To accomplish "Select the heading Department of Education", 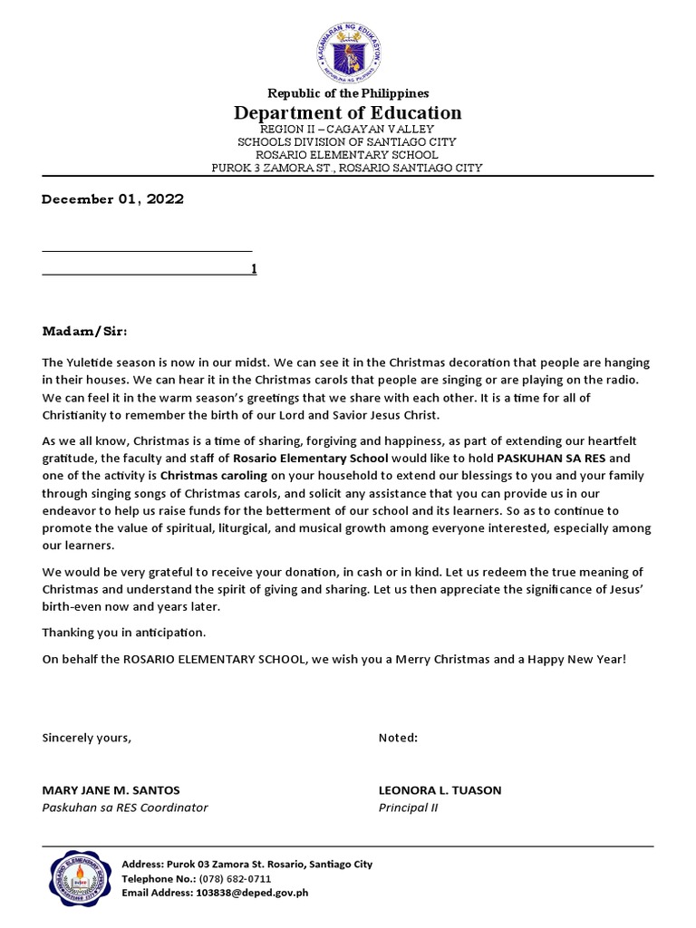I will coord(347,113).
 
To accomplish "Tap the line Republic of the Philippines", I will coord(347,93).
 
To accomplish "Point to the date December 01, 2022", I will coord(112,199).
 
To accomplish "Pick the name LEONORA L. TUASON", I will coord(440,790).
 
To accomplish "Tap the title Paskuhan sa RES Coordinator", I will coord(125,807).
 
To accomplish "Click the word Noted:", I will coord(398,738).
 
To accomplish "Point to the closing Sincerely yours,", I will coord(87,738).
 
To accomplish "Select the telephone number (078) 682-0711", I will coord(234,879).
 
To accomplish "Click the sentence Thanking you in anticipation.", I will coord(124,632).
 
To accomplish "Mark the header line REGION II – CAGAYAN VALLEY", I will coord(347,130).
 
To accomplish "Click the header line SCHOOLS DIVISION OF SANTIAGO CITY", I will coord(347,142).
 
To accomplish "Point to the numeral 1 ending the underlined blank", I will coord(254,269).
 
